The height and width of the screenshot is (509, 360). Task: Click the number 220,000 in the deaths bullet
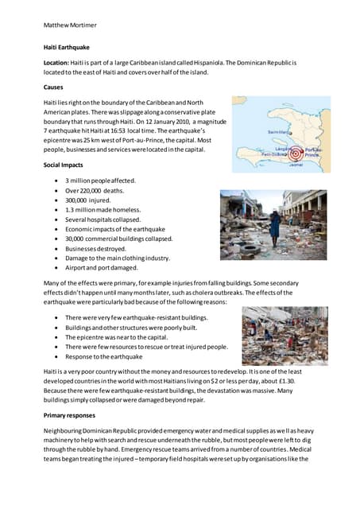91,191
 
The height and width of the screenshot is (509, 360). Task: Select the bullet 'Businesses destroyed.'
95,248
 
